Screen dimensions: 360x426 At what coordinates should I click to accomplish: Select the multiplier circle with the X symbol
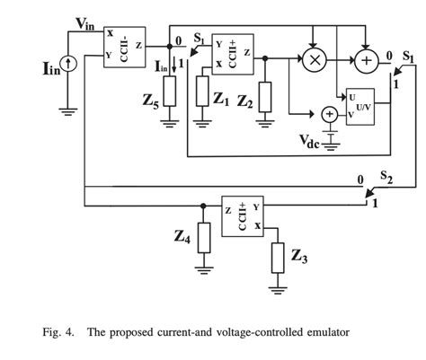pos(315,60)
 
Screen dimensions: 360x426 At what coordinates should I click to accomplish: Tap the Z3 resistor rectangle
pos(279,258)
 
